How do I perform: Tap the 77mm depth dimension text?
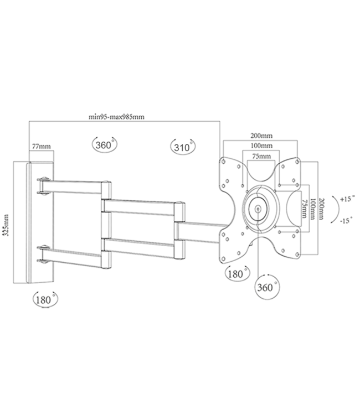click(42, 147)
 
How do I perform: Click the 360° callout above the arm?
click(102, 145)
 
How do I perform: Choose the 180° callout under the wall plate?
click(44, 299)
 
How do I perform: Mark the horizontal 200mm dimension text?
click(260, 135)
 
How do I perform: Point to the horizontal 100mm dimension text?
click(260, 146)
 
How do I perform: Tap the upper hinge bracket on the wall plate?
click(43, 185)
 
